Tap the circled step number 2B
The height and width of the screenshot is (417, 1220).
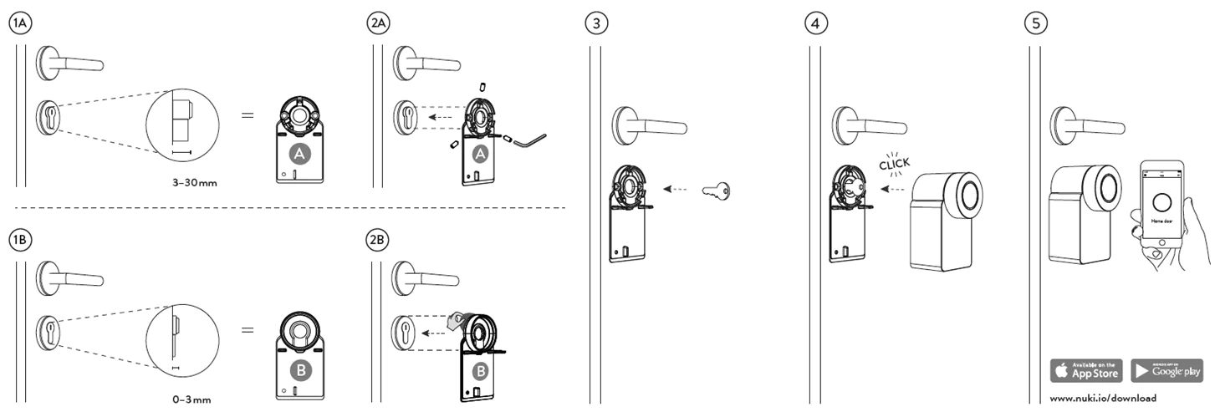[x=378, y=240]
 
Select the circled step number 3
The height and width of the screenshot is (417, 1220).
[x=596, y=23]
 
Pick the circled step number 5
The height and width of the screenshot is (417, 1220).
[x=1037, y=23]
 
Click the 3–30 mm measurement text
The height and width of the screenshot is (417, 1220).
[x=194, y=181]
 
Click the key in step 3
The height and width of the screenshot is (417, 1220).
[x=717, y=190]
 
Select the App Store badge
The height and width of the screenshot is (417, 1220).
[x=1086, y=370]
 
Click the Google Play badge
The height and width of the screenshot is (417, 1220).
[x=1166, y=370]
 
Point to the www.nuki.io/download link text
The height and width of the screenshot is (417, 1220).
[x=1103, y=399]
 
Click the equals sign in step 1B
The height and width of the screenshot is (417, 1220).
[x=248, y=330]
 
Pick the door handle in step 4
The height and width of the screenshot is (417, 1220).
[x=870, y=127]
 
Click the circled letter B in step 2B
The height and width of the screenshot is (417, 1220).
[x=480, y=369]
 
